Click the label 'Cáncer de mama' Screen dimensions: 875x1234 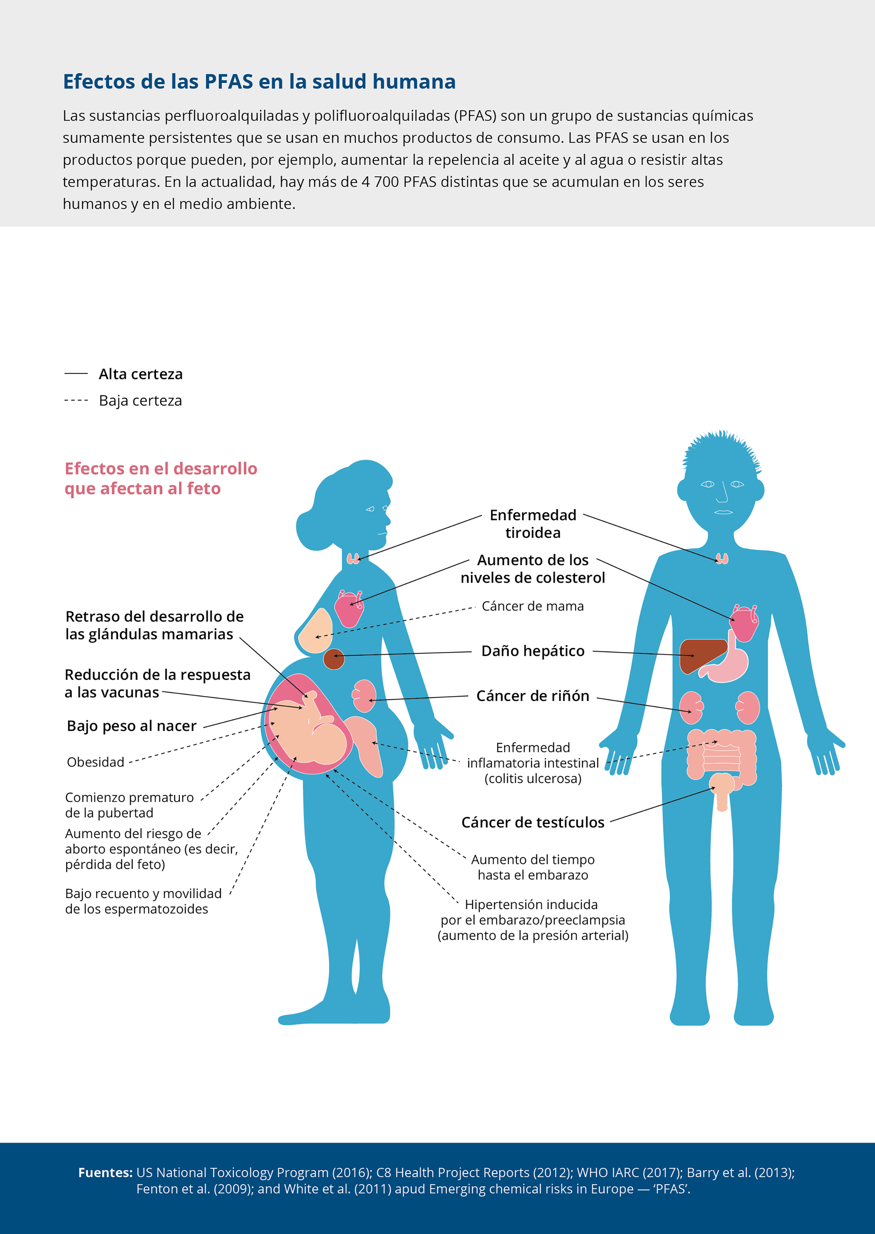532,606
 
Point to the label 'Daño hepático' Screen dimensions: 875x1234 533,651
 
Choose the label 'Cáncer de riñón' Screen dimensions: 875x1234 533,696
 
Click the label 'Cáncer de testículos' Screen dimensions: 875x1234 533,823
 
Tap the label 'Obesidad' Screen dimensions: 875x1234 95,762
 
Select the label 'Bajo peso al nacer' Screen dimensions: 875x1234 132,726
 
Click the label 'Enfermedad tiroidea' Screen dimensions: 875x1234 533,523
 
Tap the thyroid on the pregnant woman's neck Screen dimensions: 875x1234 353,558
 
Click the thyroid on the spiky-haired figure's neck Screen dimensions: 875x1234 722,558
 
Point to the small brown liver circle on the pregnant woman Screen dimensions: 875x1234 334,659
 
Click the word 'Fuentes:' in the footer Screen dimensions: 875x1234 105,1172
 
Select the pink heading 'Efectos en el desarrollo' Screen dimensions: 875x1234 161,468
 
